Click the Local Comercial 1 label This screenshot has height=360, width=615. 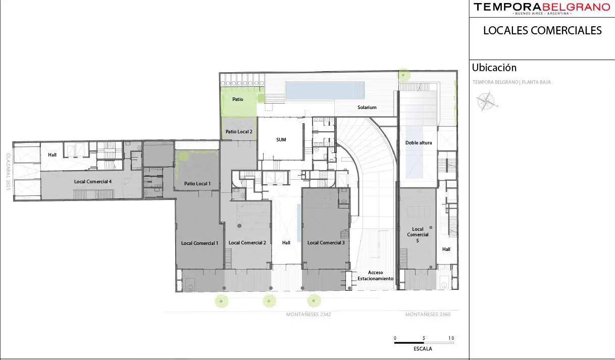click(199, 243)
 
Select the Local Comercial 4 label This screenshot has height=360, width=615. click(93, 181)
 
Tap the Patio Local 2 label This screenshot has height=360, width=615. click(239, 132)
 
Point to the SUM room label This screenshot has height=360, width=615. click(281, 140)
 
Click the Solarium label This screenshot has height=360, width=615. click(367, 108)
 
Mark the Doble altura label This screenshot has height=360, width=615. click(419, 143)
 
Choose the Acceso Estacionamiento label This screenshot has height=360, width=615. click(375, 275)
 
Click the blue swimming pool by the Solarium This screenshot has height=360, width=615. click(325, 90)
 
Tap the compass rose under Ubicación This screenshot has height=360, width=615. click(487, 101)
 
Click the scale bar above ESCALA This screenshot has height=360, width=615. click(424, 342)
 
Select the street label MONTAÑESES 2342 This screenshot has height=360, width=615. click(309, 315)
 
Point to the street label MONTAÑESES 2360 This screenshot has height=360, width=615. click(428, 315)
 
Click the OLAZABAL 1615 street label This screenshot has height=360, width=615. click(8, 172)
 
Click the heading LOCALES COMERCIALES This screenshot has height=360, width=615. click(542, 30)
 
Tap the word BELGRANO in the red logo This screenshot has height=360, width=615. click(575, 7)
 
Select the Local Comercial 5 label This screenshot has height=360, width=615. click(418, 235)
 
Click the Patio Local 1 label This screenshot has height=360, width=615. click(197, 184)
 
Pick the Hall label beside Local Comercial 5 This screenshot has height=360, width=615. click(446, 249)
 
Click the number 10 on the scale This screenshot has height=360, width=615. click(451, 338)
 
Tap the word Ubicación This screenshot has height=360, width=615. click(494, 68)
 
